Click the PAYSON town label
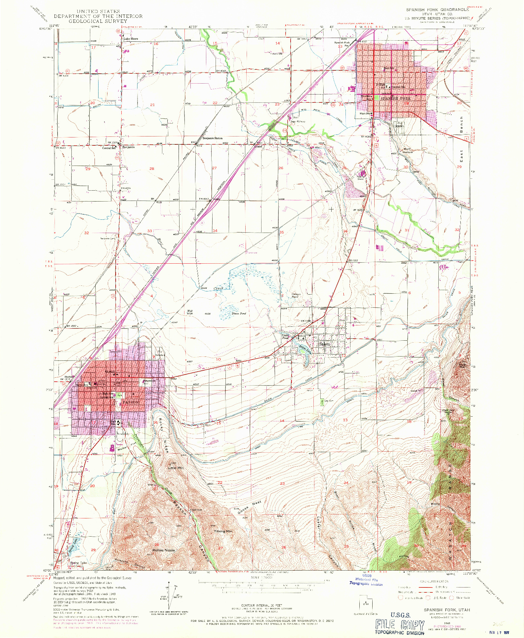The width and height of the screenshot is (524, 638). (x=131, y=402)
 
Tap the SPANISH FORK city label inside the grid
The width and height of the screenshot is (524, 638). (x=395, y=98)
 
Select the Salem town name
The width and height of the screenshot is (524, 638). (x=324, y=344)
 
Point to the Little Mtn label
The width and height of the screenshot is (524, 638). (x=176, y=468)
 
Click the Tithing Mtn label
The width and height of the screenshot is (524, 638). (x=223, y=531)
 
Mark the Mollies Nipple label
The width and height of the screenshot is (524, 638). (x=164, y=550)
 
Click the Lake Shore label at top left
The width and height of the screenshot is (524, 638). (x=131, y=39)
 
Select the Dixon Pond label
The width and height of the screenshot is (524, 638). (x=239, y=313)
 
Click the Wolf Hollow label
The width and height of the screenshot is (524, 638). (x=408, y=151)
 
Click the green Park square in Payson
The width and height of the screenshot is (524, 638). (x=120, y=395)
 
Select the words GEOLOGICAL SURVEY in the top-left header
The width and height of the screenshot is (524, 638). (x=98, y=21)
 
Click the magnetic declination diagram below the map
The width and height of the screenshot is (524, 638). (x=169, y=596)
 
